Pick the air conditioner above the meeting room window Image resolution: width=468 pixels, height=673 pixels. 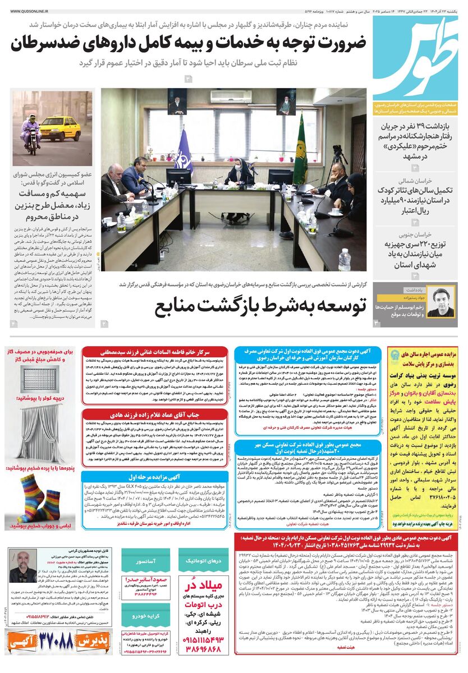(231, 96)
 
